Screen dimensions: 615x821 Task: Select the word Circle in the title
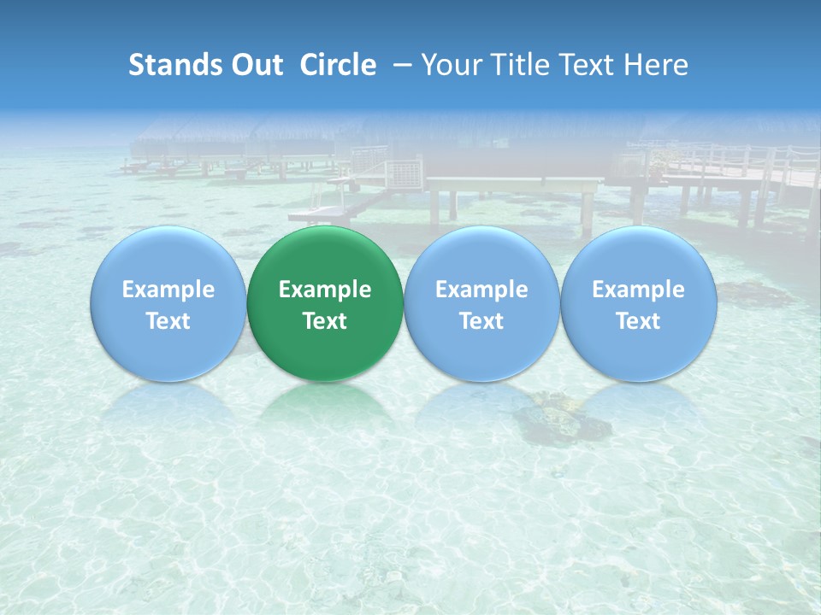pyautogui.click(x=338, y=65)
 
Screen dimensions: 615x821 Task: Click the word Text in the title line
pyautogui.click(x=588, y=65)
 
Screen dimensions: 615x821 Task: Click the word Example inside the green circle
pyautogui.click(x=325, y=290)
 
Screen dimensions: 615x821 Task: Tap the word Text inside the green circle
pyautogui.click(x=325, y=321)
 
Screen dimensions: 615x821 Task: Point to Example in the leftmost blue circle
pyautogui.click(x=168, y=290)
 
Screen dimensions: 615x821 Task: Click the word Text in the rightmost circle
pyautogui.click(x=638, y=321)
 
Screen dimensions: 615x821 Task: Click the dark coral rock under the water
pyautogui.click(x=560, y=419)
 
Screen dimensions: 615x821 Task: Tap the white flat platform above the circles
pyautogui.click(x=513, y=184)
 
